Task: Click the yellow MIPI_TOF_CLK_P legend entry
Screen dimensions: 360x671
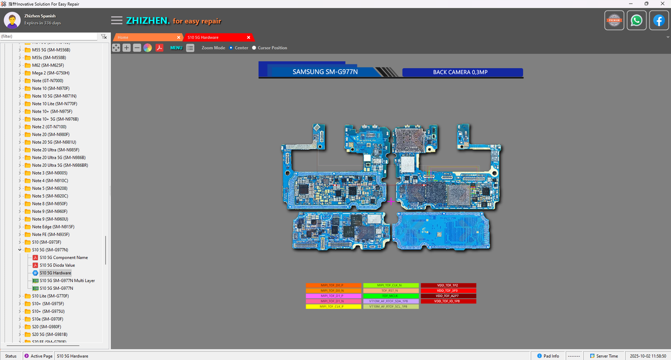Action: [333, 307]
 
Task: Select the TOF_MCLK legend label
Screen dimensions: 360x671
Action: [391, 296]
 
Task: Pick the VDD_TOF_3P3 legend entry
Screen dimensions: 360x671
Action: [448, 291]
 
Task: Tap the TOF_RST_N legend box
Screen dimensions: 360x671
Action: [391, 291]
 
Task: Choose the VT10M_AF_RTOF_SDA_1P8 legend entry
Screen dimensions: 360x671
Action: [391, 301]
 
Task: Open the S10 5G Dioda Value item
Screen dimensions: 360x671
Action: [57, 265]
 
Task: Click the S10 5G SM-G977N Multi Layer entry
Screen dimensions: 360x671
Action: [67, 281]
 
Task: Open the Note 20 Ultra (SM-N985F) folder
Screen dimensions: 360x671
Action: [55, 150]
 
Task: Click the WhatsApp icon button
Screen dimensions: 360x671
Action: [636, 20]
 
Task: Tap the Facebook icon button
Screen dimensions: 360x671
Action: [658, 20]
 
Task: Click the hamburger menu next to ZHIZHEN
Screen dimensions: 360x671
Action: [117, 20]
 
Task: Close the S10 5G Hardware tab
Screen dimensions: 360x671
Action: [249, 38]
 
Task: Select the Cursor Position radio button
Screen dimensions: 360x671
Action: [254, 48]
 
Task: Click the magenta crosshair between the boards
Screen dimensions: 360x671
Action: [391, 201]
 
